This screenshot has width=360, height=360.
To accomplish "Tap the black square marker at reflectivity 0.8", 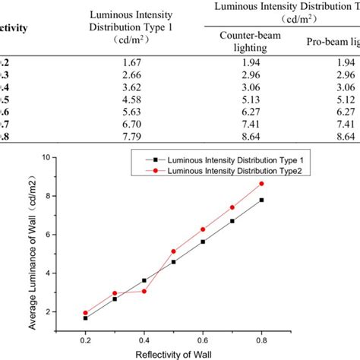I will coord(261,200).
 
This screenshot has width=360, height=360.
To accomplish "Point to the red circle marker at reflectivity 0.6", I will coord(202,229).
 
